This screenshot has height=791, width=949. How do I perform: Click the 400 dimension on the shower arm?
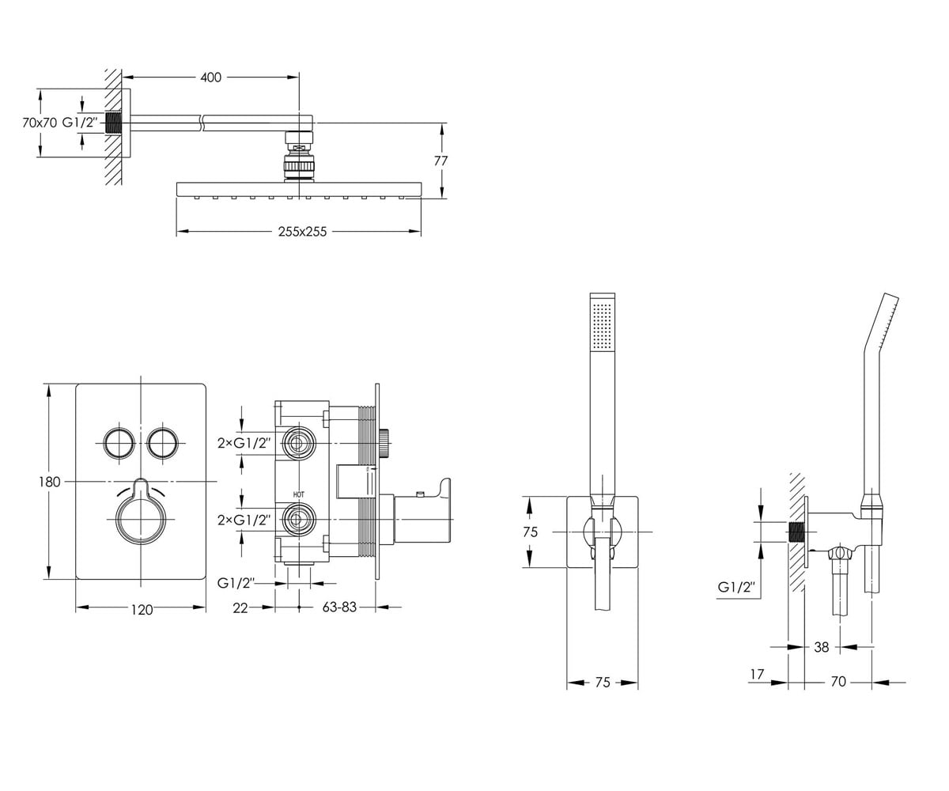(211, 78)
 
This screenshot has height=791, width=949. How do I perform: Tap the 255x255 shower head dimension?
(302, 232)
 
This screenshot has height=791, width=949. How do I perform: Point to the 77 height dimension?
(440, 161)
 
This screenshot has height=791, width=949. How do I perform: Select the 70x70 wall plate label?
(40, 123)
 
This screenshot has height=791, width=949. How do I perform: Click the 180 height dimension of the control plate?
(49, 482)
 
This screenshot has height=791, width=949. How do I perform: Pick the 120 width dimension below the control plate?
(142, 610)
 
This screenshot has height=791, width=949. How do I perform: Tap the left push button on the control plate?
(119, 442)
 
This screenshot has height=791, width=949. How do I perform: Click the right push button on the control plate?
(162, 442)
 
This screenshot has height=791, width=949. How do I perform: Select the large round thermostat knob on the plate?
(142, 519)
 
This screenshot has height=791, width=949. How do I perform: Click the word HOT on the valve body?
(299, 494)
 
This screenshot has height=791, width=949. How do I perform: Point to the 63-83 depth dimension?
(339, 607)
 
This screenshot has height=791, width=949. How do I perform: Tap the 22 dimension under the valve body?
(240, 607)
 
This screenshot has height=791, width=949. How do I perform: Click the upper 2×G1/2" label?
(244, 442)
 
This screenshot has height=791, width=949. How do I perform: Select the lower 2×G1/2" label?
(244, 520)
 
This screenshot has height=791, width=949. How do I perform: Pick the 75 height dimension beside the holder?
(531, 532)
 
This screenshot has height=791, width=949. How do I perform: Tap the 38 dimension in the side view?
(822, 647)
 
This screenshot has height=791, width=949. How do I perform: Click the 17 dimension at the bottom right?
(757, 674)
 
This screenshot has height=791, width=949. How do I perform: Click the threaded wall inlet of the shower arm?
(114, 123)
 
